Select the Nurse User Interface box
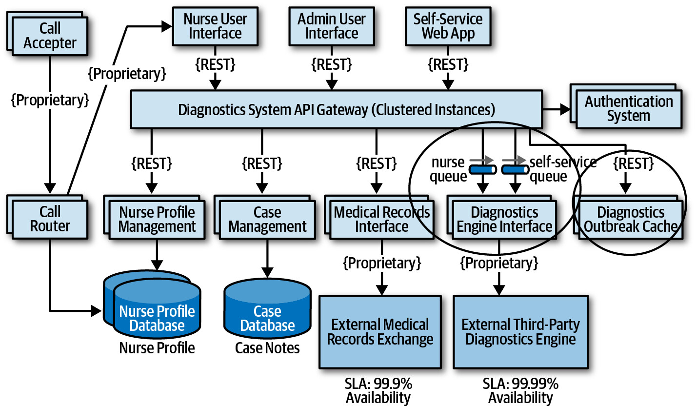[215, 26]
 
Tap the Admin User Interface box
[332, 26]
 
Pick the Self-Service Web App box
[448, 26]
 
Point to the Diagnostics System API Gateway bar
[337, 109]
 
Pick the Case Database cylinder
[268, 308]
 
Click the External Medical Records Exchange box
[380, 332]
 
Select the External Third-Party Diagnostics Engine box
[520, 332]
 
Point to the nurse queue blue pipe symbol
[482, 169]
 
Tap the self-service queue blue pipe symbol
[515, 169]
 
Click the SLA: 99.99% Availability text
[520, 391]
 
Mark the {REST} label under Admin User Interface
[332, 65]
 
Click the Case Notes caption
[267, 348]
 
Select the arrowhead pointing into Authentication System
[565, 109]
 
